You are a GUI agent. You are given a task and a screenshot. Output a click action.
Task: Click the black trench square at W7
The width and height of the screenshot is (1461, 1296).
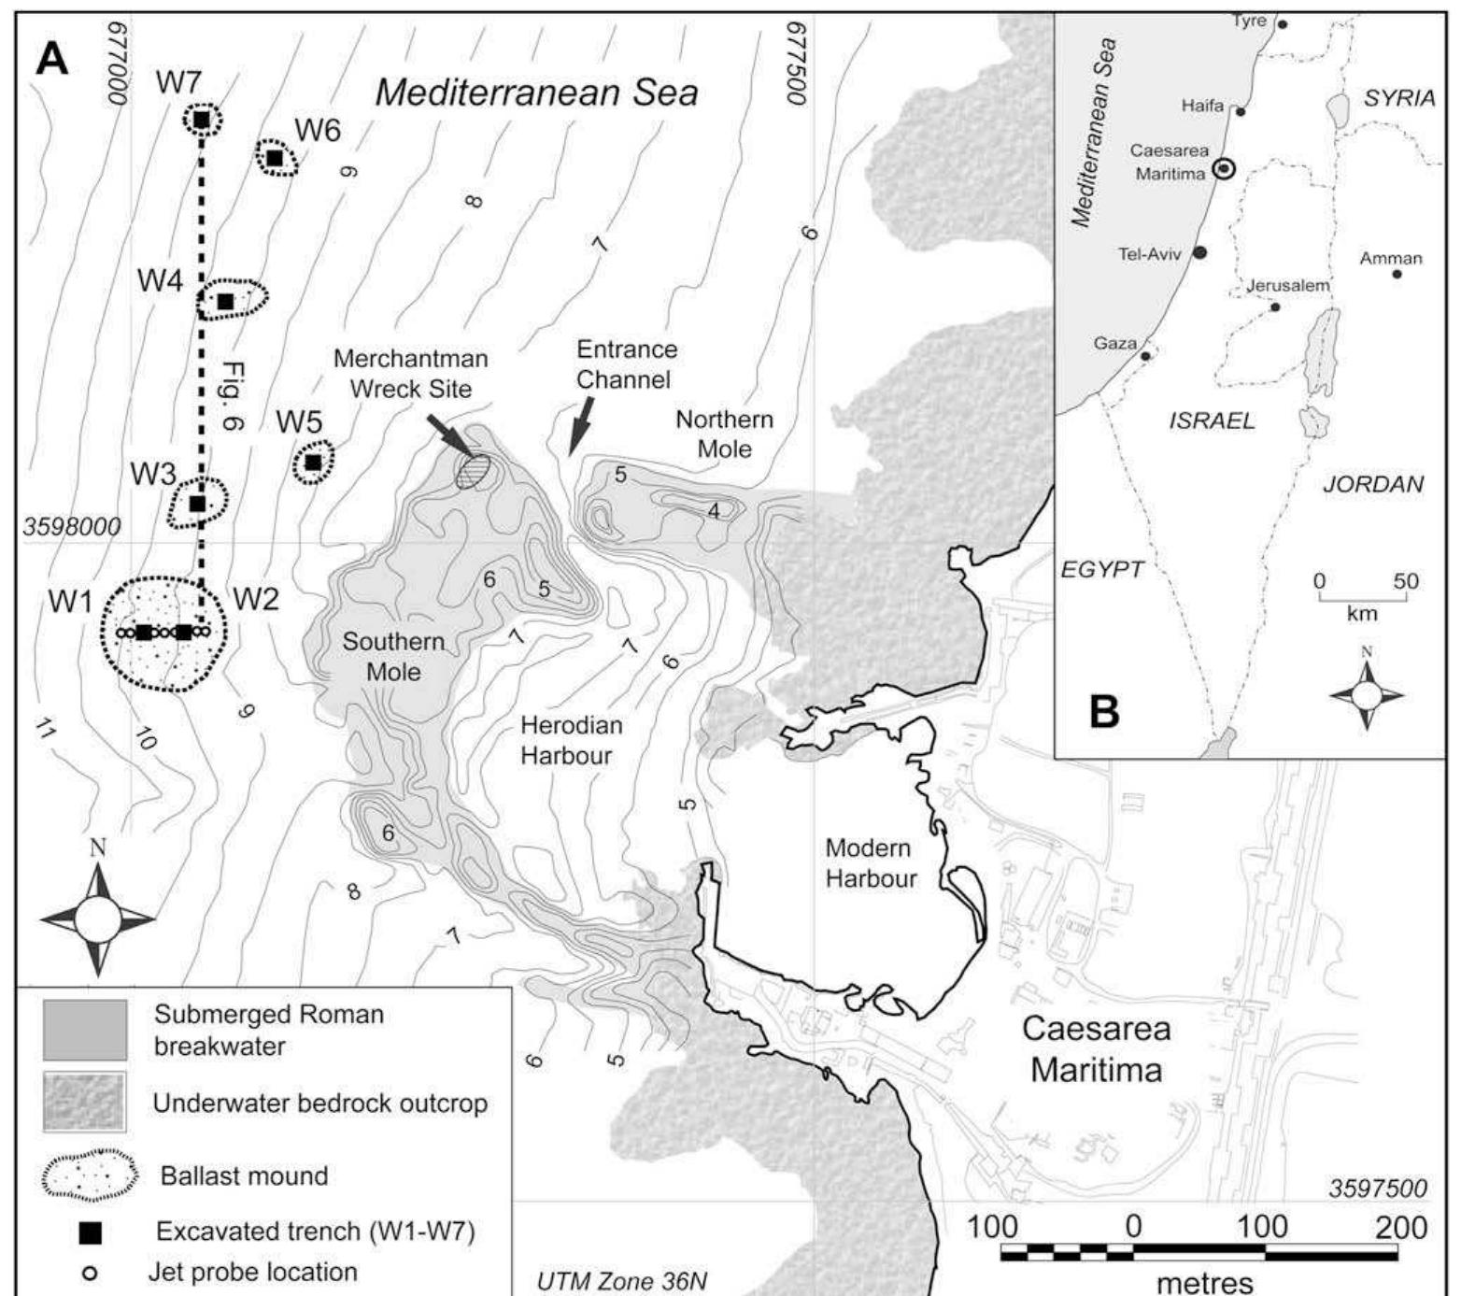tap(201, 120)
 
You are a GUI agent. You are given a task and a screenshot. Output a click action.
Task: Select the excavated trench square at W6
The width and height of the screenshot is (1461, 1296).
tap(275, 158)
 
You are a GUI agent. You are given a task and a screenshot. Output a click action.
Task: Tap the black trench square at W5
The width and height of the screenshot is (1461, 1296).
tap(314, 463)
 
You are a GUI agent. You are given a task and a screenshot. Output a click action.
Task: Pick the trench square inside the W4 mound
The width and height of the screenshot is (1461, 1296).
tap(225, 301)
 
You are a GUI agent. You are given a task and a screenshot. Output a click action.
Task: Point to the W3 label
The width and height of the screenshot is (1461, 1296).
tap(153, 475)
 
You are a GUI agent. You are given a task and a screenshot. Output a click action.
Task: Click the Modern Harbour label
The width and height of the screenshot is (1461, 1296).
tap(870, 863)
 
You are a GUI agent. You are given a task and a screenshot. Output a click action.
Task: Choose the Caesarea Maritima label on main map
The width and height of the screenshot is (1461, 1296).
tap(1097, 1048)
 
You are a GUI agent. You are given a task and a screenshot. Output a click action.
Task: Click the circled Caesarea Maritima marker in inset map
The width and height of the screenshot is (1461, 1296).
tap(1224, 168)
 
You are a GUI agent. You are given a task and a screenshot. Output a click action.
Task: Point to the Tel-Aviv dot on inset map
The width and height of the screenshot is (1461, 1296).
tap(1200, 252)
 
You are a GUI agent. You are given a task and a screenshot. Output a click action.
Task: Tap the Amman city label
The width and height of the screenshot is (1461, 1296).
tap(1390, 259)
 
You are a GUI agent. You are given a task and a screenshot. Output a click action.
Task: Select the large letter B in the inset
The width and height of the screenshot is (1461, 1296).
tap(1105, 711)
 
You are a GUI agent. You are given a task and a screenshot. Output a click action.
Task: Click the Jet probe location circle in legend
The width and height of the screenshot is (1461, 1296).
tap(91, 1273)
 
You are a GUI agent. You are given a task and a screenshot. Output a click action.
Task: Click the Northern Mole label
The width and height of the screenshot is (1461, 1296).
tap(724, 434)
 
